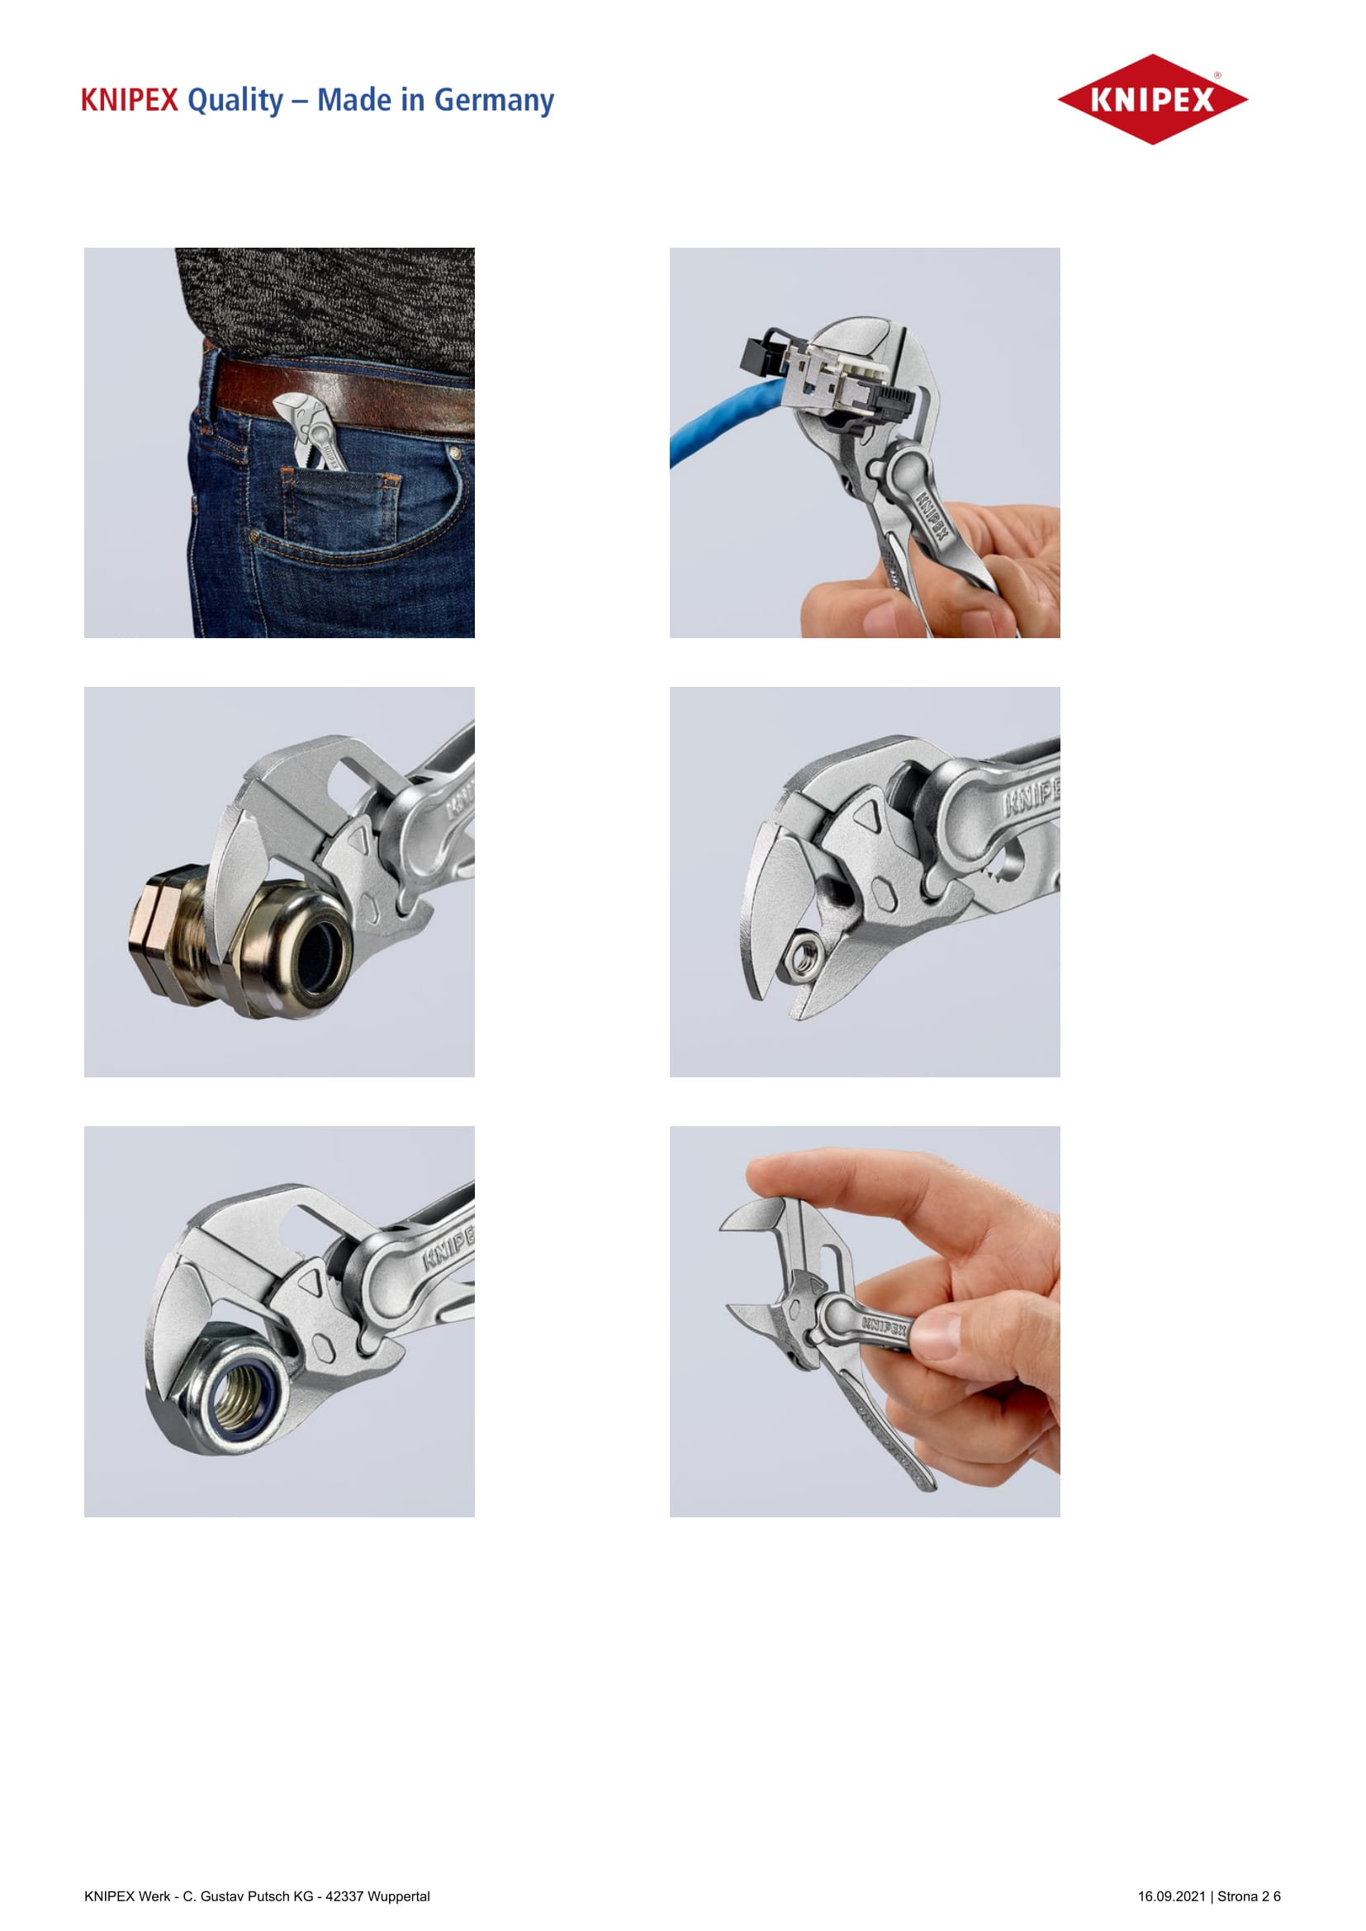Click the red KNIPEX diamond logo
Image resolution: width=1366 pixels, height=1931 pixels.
1152,99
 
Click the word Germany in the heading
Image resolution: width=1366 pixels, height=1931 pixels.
494,101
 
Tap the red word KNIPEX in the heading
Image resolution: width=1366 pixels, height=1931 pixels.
130,100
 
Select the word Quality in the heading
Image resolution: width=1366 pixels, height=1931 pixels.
235,101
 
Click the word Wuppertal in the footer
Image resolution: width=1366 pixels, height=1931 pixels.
399,1896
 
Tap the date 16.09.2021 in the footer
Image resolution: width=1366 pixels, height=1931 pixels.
1172,1896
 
